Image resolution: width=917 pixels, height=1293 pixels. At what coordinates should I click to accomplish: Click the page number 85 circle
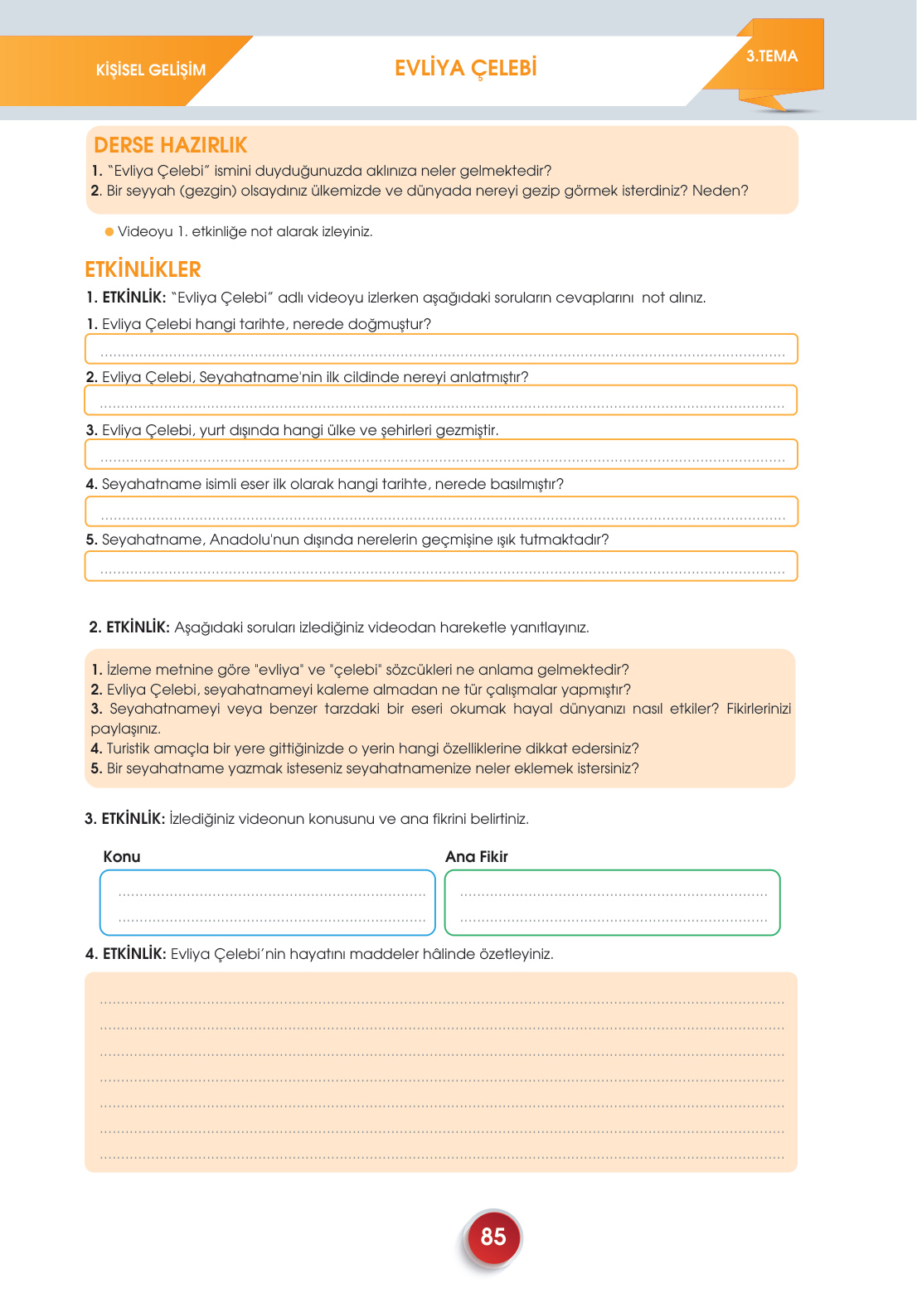click(493, 1237)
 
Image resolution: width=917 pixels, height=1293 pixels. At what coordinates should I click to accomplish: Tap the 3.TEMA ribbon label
click(771, 56)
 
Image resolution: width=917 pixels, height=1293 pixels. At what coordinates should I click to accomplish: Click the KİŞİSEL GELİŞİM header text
click(151, 70)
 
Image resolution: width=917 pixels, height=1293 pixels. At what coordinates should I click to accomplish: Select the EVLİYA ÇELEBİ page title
click(466, 68)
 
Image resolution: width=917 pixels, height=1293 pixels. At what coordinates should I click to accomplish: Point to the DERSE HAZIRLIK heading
click(171, 145)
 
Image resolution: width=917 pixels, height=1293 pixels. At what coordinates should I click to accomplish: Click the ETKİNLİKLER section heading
click(143, 269)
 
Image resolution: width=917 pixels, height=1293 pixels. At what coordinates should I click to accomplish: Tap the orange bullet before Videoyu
click(109, 231)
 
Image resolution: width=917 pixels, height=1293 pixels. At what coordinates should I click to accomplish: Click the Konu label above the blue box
click(122, 856)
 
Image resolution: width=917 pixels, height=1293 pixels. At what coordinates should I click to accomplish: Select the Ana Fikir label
click(477, 856)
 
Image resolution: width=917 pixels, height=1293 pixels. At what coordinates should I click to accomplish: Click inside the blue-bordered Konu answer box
click(267, 903)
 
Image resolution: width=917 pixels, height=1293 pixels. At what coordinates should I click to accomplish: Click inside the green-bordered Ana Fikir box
click(612, 903)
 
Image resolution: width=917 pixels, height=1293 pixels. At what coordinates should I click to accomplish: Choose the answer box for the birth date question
click(441, 349)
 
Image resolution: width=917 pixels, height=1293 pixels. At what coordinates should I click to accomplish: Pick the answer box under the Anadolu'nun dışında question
click(441, 566)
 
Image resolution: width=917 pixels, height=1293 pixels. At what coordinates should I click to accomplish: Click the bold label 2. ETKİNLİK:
click(129, 627)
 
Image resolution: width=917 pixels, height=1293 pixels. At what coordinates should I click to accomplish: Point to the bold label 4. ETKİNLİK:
click(126, 954)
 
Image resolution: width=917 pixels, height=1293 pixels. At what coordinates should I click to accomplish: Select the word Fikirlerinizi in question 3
click(759, 709)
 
